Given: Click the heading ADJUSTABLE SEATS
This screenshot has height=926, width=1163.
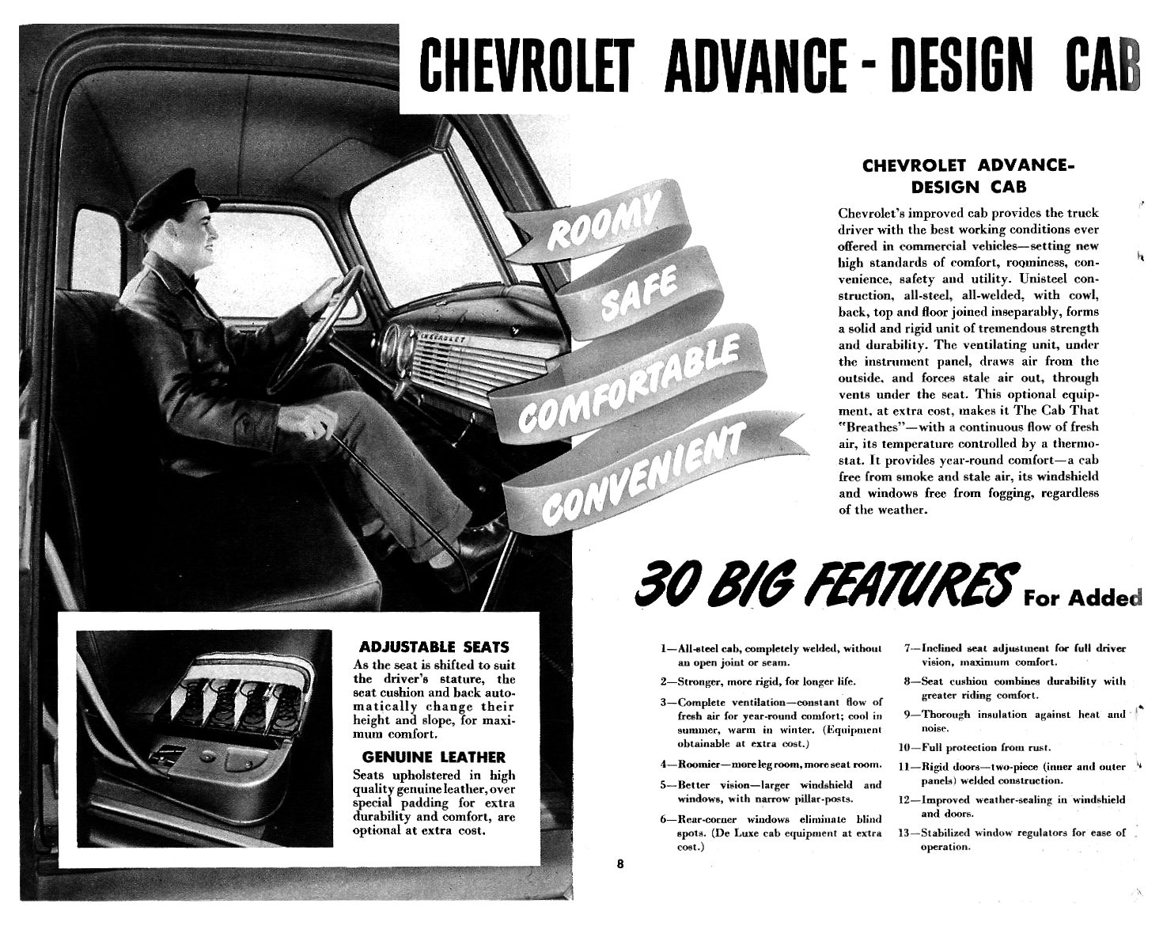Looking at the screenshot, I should point(434,647).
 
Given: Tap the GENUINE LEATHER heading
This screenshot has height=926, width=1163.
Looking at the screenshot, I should point(434,757).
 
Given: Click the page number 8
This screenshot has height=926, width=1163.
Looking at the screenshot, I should point(620,863).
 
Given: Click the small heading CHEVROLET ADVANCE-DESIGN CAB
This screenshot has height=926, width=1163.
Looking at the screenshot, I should point(968,176).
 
